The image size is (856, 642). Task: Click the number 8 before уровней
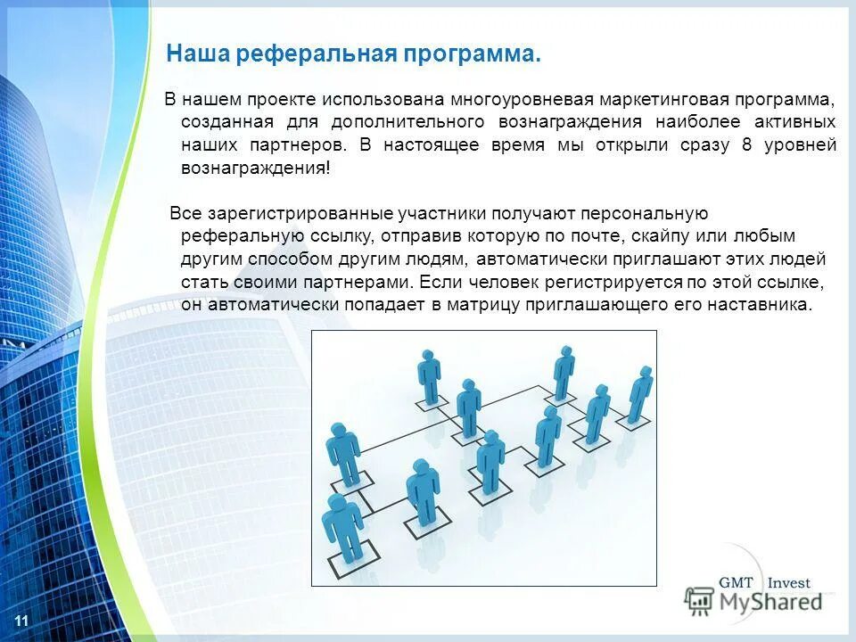pyautogui.click(x=746, y=144)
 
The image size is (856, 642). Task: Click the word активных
pyautogui.click(x=799, y=121)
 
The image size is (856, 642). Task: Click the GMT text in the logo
pyautogui.click(x=737, y=582)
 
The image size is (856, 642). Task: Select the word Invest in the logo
pyautogui.click(x=788, y=582)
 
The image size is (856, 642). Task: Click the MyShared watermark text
pyautogui.click(x=771, y=602)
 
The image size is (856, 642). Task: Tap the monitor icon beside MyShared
pyautogui.click(x=701, y=601)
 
